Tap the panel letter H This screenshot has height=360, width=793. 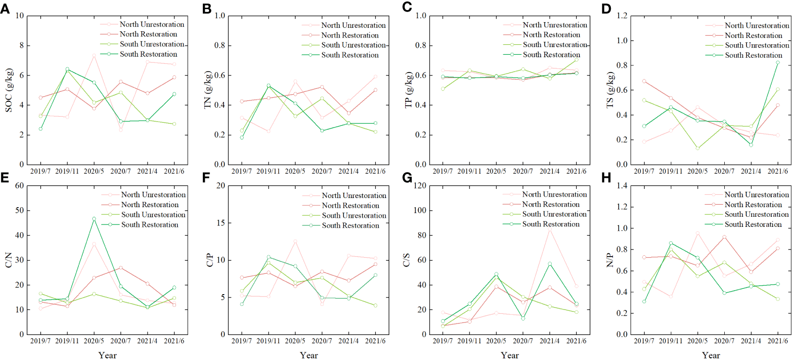[606, 178]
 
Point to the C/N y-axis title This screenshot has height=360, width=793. [9, 260]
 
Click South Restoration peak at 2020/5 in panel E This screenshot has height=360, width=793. [94, 219]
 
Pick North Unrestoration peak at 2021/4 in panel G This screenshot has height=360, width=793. [549, 230]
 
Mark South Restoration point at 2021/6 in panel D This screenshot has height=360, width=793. [778, 62]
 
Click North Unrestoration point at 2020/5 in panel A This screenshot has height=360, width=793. [94, 55]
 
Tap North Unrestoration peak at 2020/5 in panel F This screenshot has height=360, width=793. [295, 241]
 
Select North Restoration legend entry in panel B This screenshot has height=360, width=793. [350, 35]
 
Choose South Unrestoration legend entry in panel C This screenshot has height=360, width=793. [555, 45]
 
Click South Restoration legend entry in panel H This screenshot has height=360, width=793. [753, 224]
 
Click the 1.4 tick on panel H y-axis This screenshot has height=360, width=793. [622, 186]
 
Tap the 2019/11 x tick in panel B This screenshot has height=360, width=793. [268, 171]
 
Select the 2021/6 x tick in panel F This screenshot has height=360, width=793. [375, 341]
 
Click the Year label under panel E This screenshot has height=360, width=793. [107, 355]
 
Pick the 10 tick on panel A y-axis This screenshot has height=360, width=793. [20, 16]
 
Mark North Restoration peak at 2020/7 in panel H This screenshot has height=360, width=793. [724, 237]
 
